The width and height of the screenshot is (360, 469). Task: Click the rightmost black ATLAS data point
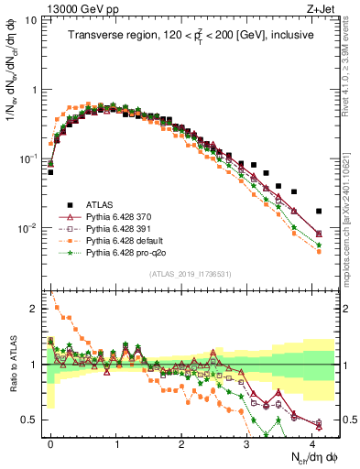(318, 211)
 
